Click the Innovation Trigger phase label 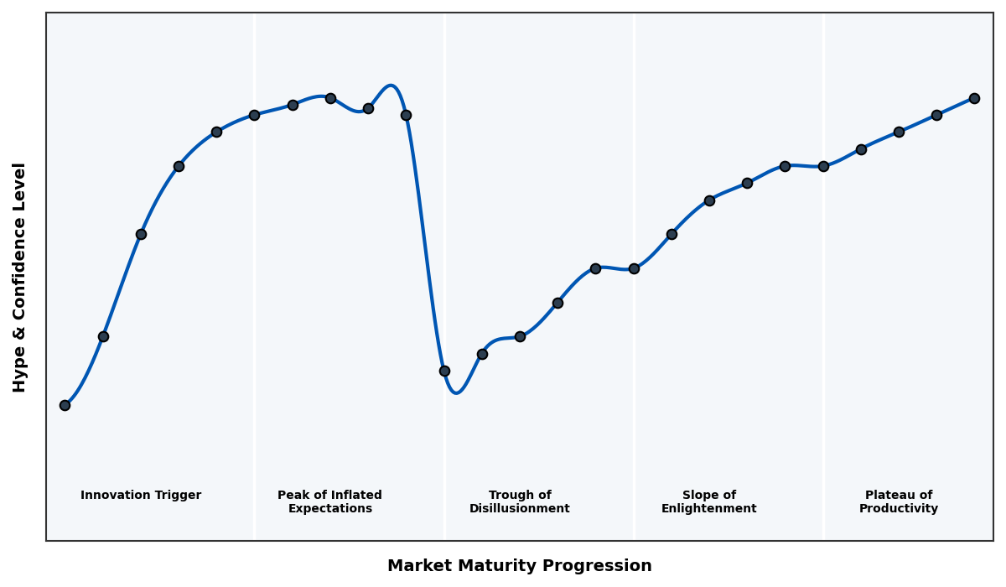click(x=141, y=496)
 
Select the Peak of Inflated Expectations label click(x=329, y=502)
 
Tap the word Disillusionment click(x=520, y=509)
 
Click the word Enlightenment click(x=709, y=509)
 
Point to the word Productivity click(x=899, y=509)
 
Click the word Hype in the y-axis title click(x=20, y=373)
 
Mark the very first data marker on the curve click(x=65, y=405)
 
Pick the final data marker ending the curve click(x=974, y=98)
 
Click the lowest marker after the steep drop click(x=444, y=371)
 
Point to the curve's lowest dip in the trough click(x=456, y=392)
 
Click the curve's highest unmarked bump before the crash click(x=391, y=86)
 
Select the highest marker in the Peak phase click(x=330, y=98)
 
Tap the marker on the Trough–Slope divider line click(x=634, y=268)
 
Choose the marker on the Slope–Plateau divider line click(x=823, y=166)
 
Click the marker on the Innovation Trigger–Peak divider click(x=254, y=115)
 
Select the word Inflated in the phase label click(x=351, y=496)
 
